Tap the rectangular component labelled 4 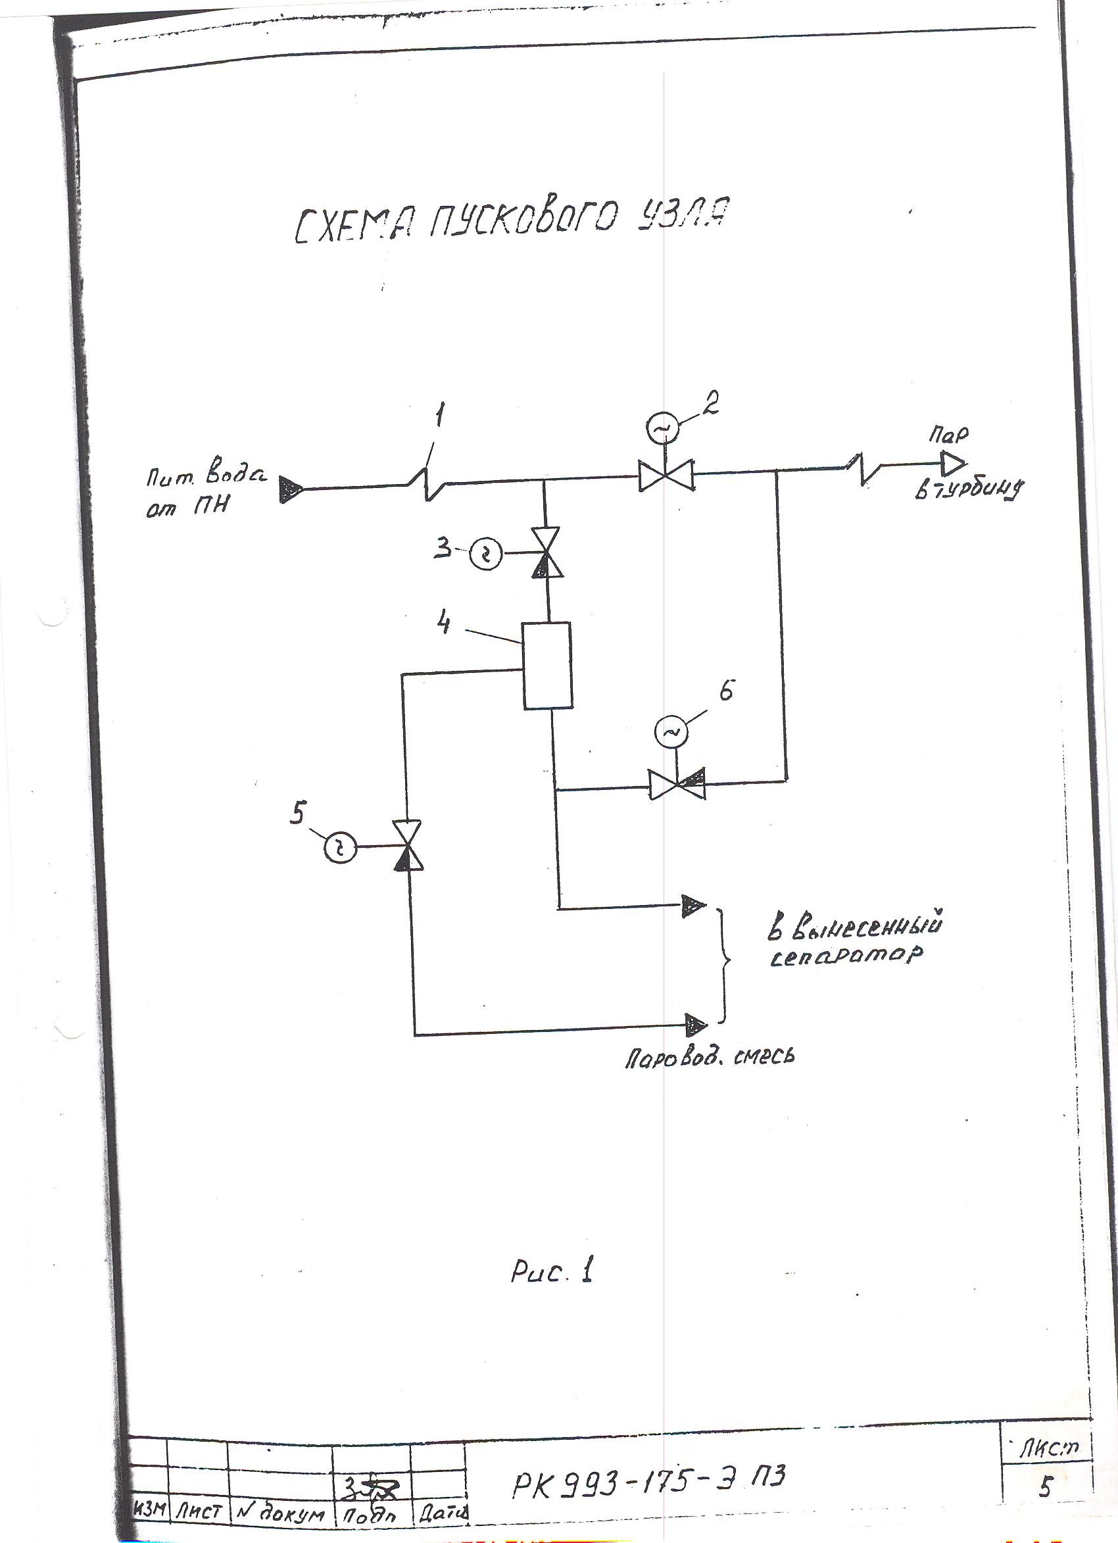pos(547,666)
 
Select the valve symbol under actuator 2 pos(666,476)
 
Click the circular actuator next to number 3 pos(486,556)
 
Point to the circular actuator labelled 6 pos(670,732)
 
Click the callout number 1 pos(439,416)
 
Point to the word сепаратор pos(846,955)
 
